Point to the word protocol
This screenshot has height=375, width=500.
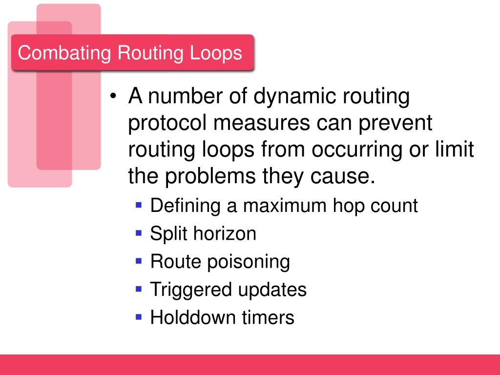click(167, 124)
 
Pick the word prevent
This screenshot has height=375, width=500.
click(396, 123)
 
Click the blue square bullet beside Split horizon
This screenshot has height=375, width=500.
click(139, 233)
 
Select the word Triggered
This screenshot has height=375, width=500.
click(190, 290)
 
